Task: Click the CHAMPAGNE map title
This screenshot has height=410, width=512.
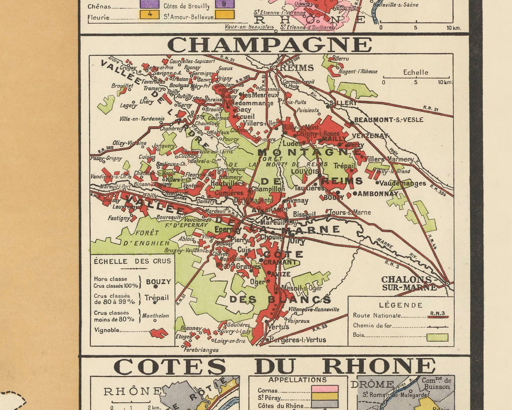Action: (x=269, y=44)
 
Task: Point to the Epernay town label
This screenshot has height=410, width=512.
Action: (x=228, y=229)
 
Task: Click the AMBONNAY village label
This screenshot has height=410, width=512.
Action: (x=378, y=193)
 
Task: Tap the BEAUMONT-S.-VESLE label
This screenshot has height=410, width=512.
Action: (x=388, y=120)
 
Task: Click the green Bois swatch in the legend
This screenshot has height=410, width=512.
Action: (x=437, y=337)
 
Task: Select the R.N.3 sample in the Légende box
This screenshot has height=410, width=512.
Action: (x=437, y=314)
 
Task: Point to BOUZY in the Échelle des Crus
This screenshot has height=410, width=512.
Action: (x=158, y=281)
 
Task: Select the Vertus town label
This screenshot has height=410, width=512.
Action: (x=279, y=327)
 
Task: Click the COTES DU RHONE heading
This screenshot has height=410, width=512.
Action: (x=274, y=366)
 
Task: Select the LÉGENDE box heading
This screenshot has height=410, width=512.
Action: (x=401, y=305)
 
